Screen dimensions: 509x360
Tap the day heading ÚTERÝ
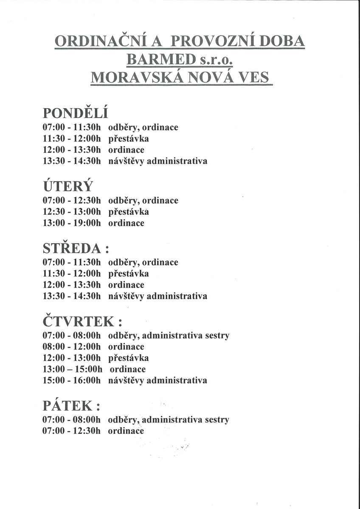coord(67,187)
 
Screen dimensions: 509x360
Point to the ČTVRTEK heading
coord(79,322)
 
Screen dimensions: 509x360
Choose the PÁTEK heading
coord(71,406)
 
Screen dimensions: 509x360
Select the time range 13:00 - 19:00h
coord(72,223)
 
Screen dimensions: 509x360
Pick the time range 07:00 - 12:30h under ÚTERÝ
coord(72,201)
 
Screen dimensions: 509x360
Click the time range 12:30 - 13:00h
coord(72,212)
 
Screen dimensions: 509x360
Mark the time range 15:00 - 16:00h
coord(72,380)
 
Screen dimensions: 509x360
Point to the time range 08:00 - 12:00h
coord(72,347)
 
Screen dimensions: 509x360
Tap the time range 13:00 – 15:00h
coord(73,369)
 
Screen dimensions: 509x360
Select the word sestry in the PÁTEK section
coord(217,420)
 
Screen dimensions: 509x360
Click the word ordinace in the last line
coord(126,431)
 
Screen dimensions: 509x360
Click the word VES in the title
coord(254,78)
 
